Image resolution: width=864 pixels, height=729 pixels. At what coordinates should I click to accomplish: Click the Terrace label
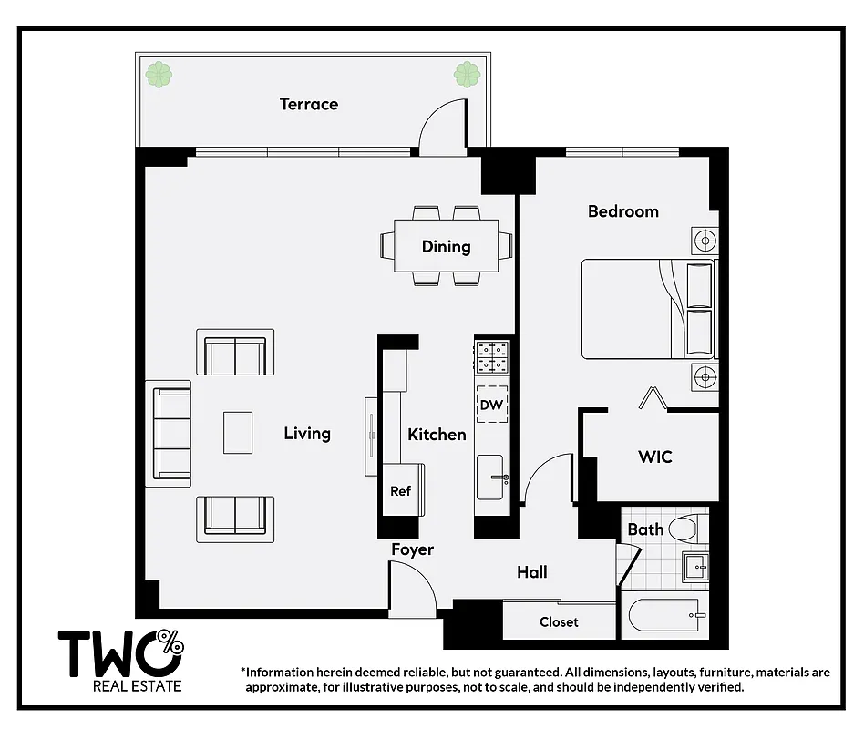[x=308, y=104]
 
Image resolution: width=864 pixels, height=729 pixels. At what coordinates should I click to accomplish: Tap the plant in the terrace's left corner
[x=159, y=75]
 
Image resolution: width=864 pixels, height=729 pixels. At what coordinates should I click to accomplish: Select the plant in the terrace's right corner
[x=468, y=74]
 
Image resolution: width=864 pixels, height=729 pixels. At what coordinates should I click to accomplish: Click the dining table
[x=446, y=246]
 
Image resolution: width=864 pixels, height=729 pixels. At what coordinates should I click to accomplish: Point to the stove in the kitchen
[x=492, y=356]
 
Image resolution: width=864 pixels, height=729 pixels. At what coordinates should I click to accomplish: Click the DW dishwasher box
[x=492, y=404]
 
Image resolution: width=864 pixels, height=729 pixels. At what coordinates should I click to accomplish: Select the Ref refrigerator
[x=401, y=490]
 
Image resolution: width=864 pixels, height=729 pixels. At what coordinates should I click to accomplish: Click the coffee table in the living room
[x=238, y=433]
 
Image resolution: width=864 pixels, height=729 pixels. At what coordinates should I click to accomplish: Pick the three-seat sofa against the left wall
[x=170, y=433]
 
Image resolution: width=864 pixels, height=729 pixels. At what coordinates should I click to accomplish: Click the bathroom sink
[x=696, y=567]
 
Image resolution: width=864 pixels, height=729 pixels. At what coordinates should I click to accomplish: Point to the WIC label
[x=654, y=457]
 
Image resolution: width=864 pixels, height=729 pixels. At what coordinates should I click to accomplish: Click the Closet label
[x=559, y=621]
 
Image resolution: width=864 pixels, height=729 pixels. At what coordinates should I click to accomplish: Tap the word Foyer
[x=412, y=549]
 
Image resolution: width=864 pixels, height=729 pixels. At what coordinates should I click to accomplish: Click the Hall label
[x=532, y=572]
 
